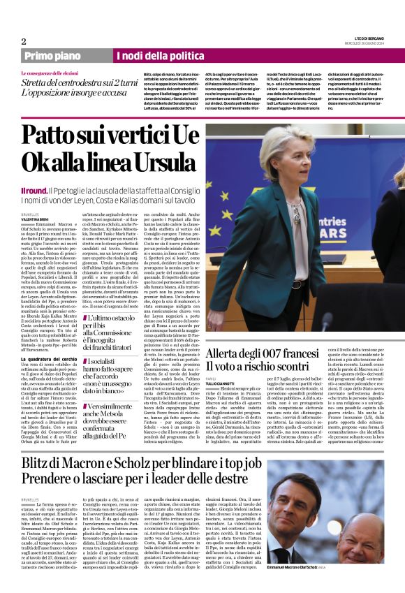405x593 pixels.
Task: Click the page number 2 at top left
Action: pos(24,41)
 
